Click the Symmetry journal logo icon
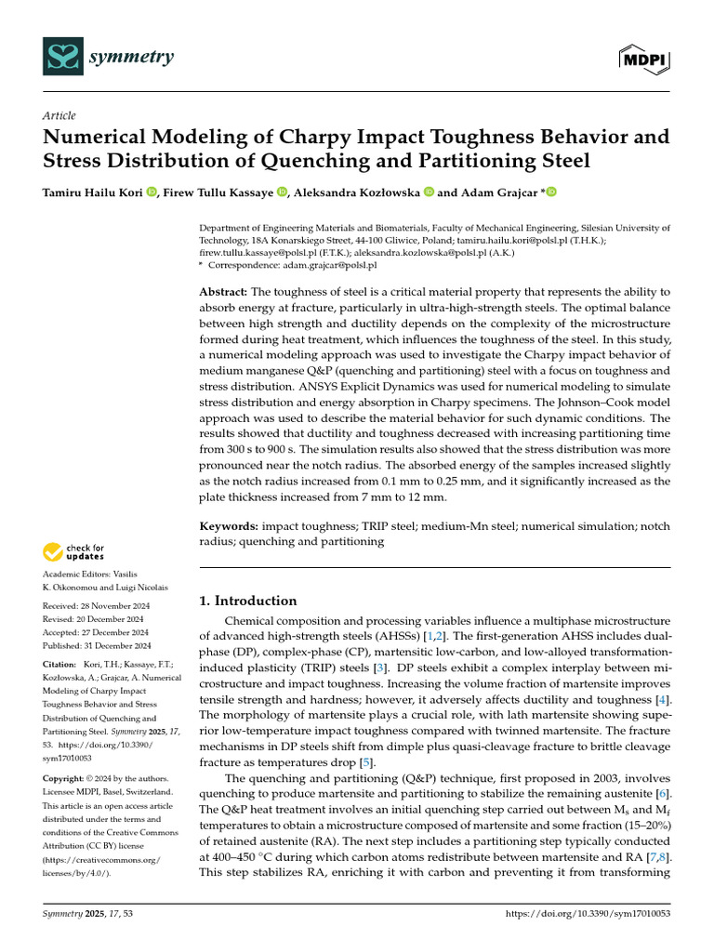pos(63,56)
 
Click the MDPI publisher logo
pos(644,59)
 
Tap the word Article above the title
pos(59,115)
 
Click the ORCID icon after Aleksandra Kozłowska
pos(429,192)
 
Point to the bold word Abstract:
pos(224,291)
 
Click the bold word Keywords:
pos(230,526)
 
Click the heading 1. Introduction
pos(249,601)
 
